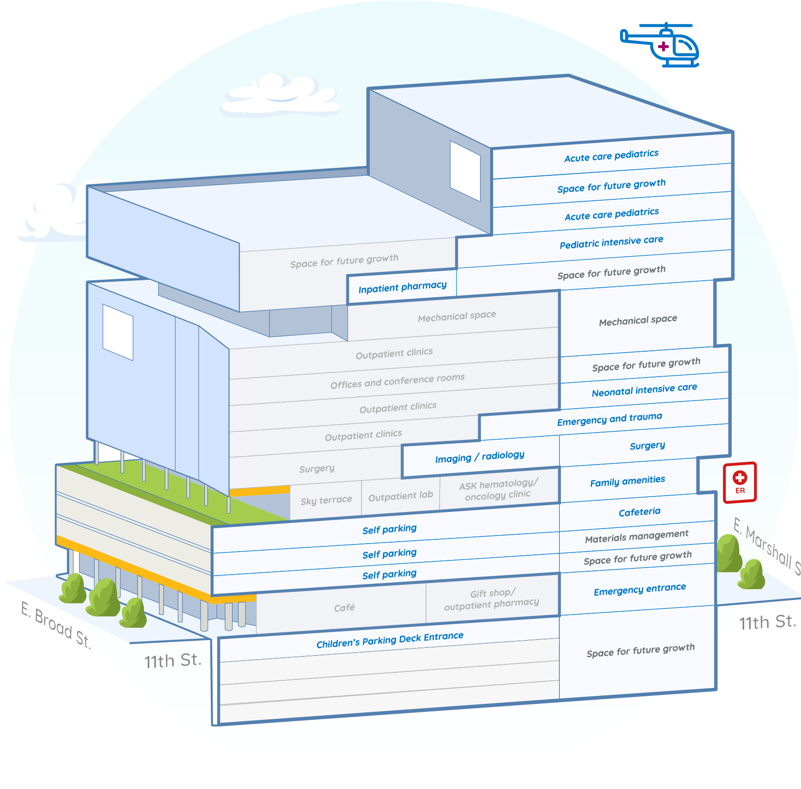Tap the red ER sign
pos(739,482)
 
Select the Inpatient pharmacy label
pos(402,287)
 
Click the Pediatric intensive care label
pos(611,242)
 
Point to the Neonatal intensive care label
pos(644,390)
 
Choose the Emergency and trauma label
pos(609,419)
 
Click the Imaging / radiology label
pos(480,457)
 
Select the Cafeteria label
pos(639,512)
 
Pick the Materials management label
pos(636,537)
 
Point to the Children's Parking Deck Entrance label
pos(390,640)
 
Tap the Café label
pos(344,608)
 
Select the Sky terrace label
pos(326,500)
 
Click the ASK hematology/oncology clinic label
pos(498,489)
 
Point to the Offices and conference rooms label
pos(397,381)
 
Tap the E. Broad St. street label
pos(56,625)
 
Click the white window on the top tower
pos(465,171)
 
